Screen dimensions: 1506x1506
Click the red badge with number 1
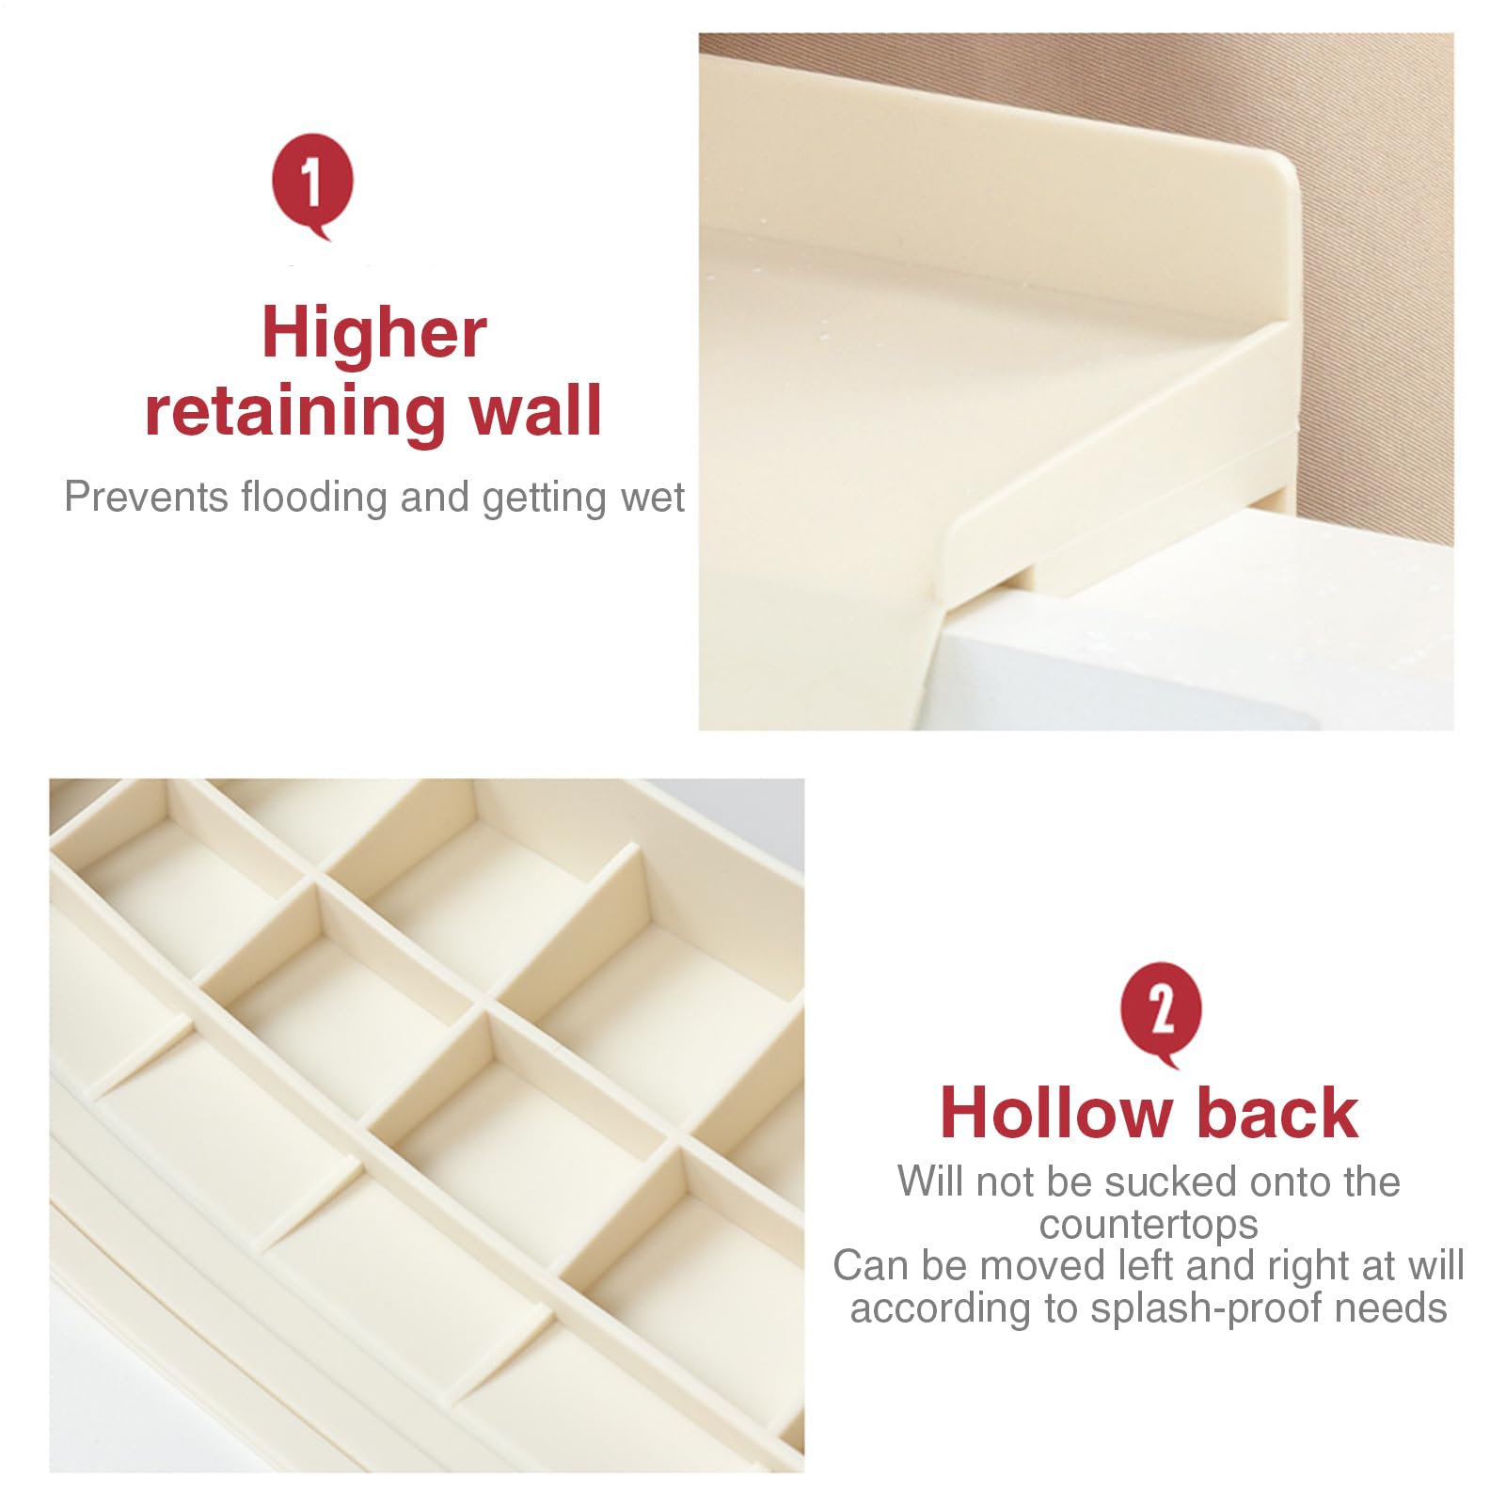312,185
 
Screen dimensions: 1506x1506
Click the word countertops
1149,1225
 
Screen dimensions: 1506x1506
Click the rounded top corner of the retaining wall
1286,173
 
